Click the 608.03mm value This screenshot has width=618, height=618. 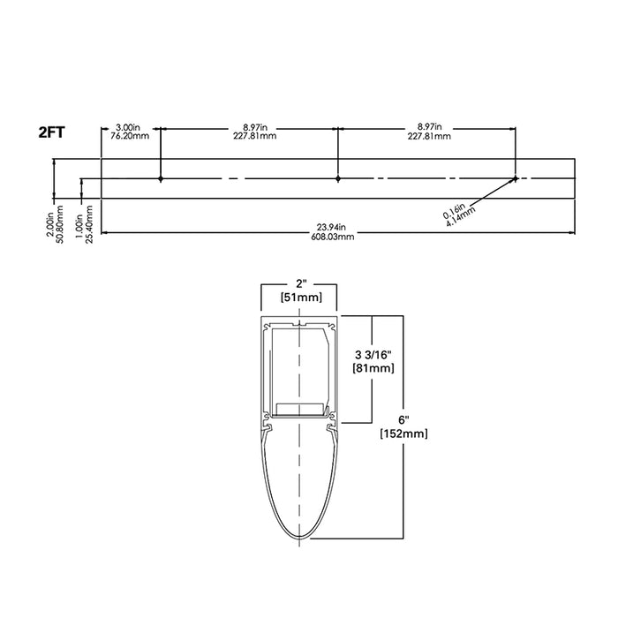click(x=335, y=237)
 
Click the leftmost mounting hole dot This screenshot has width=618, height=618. click(x=160, y=179)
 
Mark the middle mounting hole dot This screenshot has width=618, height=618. click(x=338, y=179)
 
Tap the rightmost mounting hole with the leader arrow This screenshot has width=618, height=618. click(x=515, y=178)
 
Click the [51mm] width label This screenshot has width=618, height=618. click(x=300, y=298)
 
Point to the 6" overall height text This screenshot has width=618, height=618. click(x=402, y=420)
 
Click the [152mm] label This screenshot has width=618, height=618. click(x=402, y=433)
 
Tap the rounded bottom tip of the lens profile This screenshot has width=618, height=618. click(x=300, y=540)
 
